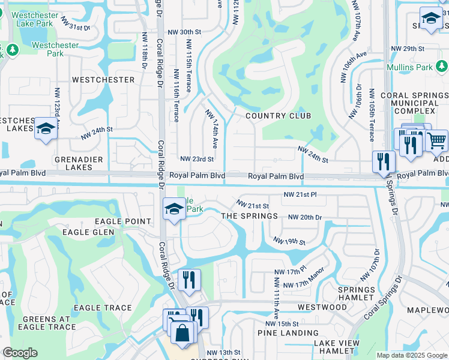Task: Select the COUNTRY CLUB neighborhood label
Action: [x=279, y=115]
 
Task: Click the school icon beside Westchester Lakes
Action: [x=46, y=129]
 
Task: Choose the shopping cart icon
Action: [x=438, y=142]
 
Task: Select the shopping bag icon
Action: [x=184, y=331]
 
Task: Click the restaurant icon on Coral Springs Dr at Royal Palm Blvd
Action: [x=383, y=161]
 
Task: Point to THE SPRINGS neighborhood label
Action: [x=249, y=215]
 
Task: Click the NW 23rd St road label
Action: [x=197, y=159]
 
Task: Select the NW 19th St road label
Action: [x=289, y=241]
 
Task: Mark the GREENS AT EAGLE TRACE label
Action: [x=47, y=323]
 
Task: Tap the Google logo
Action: [x=20, y=353]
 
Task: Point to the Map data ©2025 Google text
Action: [x=411, y=355]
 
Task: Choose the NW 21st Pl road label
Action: [x=300, y=195]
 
